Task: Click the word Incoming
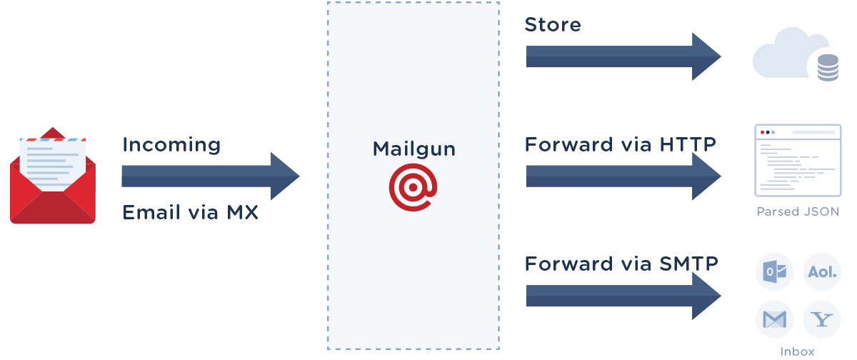coord(171,145)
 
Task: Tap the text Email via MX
coord(190,213)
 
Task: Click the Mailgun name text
coord(414,149)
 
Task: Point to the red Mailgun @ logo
coord(412,186)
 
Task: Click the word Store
coord(552,25)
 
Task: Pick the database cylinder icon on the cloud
coord(827,69)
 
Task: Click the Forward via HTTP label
coord(620,145)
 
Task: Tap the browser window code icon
coord(798,161)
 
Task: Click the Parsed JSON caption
coord(798,212)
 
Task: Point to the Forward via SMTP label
coord(621,264)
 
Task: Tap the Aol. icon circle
coord(821,272)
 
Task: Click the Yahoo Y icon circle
coord(821,319)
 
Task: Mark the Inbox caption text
coord(797,351)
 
